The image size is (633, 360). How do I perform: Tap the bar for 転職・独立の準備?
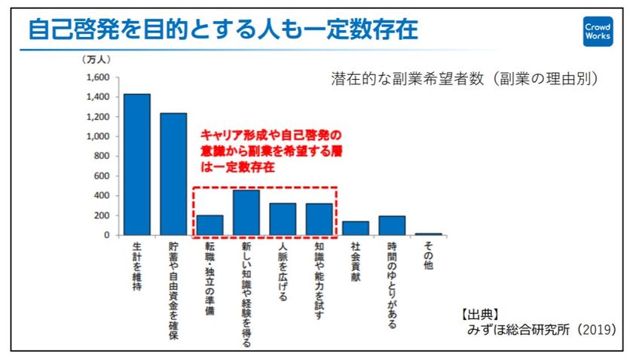click(x=210, y=225)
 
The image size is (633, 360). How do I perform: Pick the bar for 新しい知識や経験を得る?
click(x=246, y=212)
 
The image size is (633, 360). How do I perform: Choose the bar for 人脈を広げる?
click(x=283, y=219)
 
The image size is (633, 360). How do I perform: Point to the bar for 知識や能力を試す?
click(x=319, y=219)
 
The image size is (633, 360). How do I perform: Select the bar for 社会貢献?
click(x=356, y=228)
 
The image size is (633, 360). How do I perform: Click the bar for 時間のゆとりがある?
click(x=392, y=226)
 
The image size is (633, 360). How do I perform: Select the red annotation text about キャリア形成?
click(x=271, y=151)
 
